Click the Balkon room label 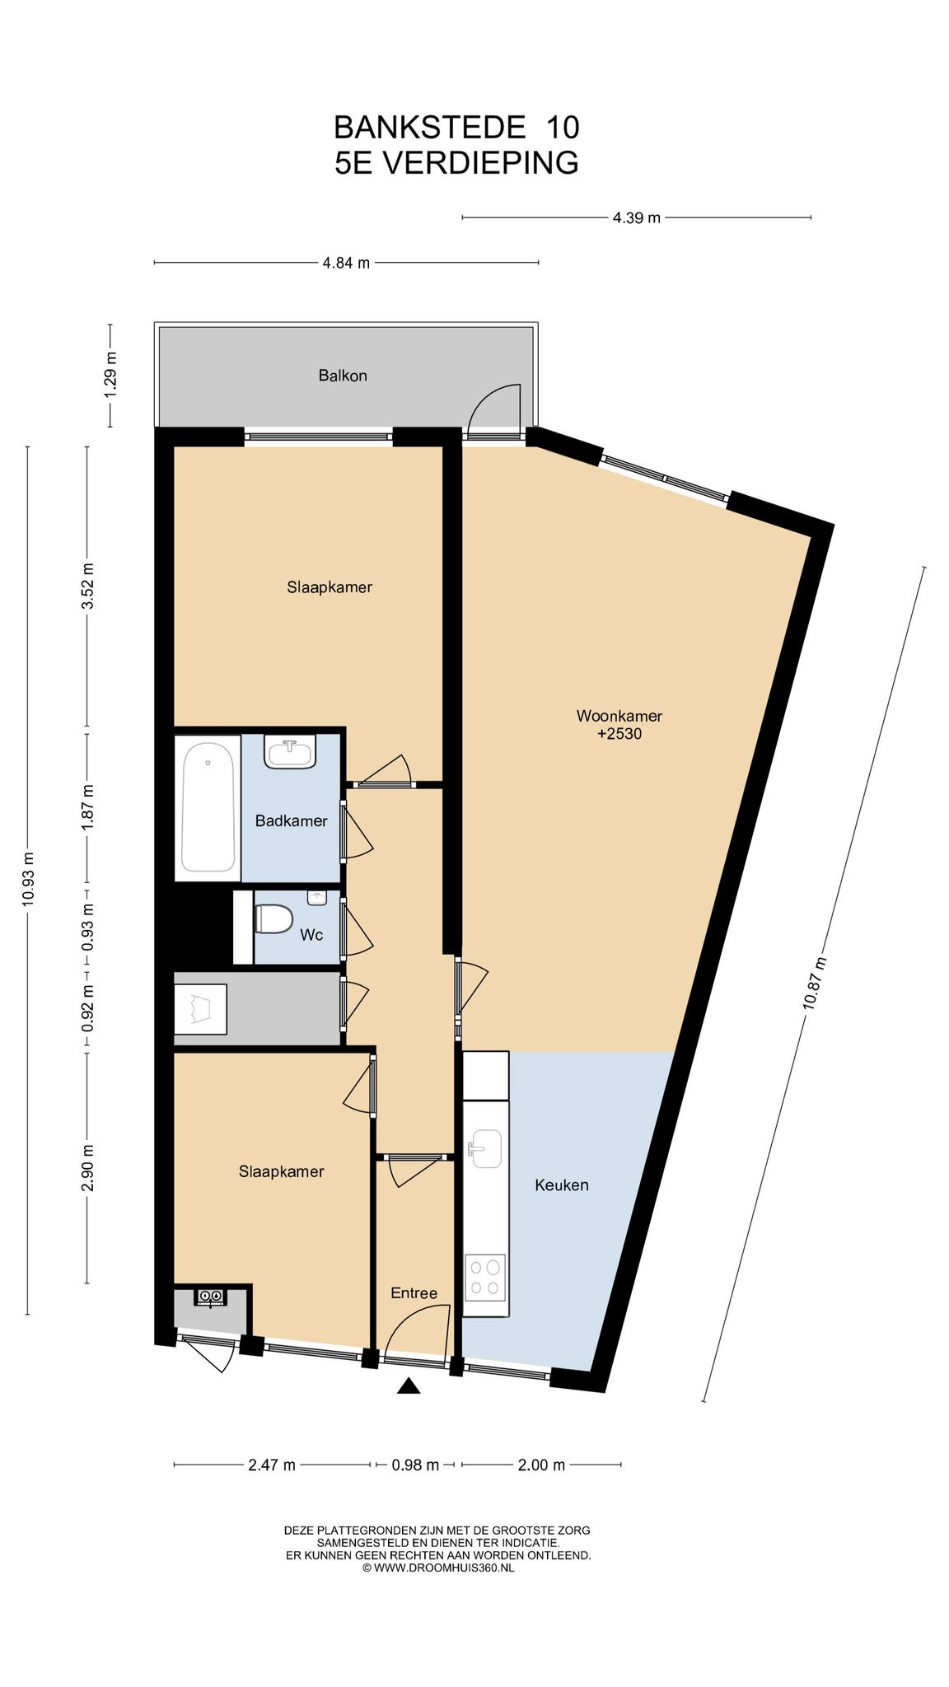(343, 376)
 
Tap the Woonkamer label (619, 716)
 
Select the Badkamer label (291, 820)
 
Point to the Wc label (311, 935)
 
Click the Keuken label (562, 1185)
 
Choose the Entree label (414, 1293)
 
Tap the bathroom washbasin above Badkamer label (290, 751)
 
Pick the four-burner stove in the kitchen (484, 1278)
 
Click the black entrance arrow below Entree (409, 1386)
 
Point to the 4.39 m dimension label (636, 217)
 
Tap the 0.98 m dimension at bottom (415, 1465)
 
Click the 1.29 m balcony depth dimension (110, 375)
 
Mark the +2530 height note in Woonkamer (619, 733)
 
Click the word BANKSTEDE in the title (429, 127)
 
